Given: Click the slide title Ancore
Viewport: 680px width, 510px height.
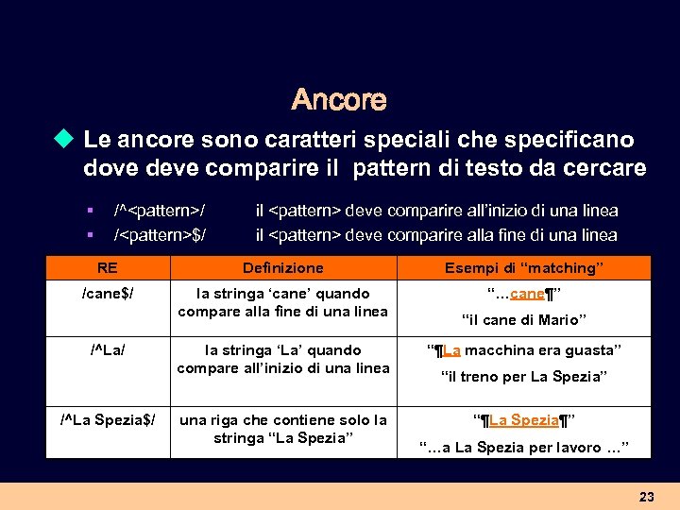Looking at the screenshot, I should (x=339, y=99).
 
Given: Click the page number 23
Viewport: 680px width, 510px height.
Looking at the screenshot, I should (x=646, y=496).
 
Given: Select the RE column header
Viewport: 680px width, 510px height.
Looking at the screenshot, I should (x=107, y=268).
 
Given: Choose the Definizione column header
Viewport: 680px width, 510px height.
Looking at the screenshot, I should (x=282, y=268).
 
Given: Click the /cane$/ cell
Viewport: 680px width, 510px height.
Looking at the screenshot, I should (x=108, y=294).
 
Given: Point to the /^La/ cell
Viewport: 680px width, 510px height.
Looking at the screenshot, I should (x=108, y=350).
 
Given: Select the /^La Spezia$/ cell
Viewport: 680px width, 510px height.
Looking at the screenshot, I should (x=108, y=419).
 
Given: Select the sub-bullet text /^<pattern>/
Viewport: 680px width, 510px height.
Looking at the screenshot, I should (x=160, y=211).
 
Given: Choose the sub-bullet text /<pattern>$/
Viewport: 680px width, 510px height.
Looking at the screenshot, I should (x=160, y=234).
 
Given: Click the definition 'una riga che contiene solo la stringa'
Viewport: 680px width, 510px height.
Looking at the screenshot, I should (x=283, y=428).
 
